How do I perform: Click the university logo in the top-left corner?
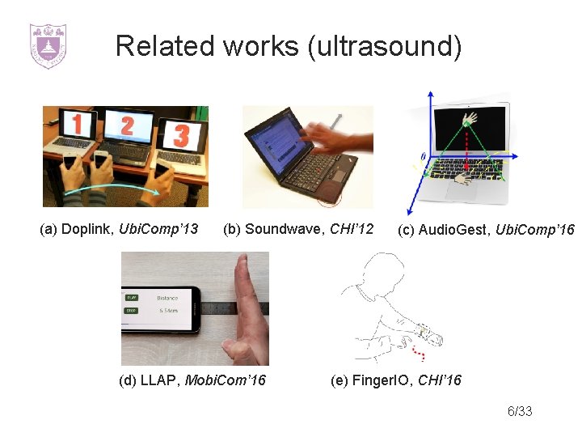click(x=48, y=45)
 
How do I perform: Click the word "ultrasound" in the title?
click(x=384, y=46)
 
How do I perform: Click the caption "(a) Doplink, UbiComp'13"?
click(x=119, y=230)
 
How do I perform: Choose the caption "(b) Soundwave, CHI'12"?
click(x=298, y=230)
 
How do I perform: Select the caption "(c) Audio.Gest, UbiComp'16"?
click(x=485, y=231)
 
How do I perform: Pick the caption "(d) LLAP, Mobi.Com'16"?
click(x=192, y=380)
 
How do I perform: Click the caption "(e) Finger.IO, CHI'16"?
click(x=396, y=380)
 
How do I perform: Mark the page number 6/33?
click(x=520, y=412)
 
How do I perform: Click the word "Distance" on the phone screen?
click(x=167, y=297)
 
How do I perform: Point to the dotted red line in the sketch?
click(x=418, y=353)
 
